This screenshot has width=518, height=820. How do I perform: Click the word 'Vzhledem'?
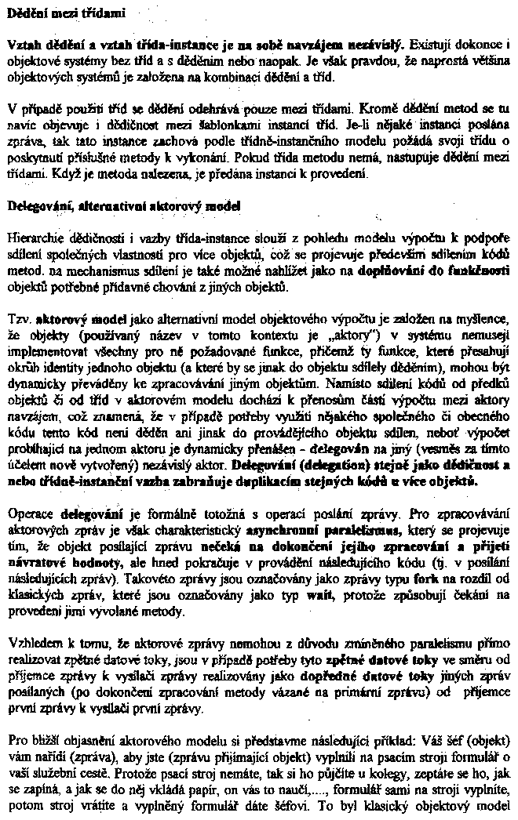[x=34, y=620]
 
